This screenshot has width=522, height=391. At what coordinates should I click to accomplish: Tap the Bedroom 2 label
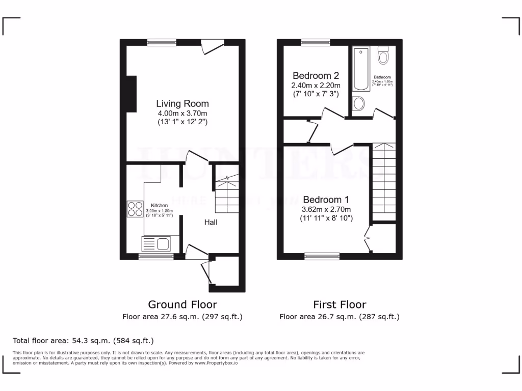tap(316, 76)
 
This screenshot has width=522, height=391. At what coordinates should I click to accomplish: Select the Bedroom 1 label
tap(326, 200)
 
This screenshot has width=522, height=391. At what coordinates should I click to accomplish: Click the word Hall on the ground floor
tap(212, 222)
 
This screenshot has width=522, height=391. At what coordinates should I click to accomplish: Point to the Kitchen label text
tap(159, 205)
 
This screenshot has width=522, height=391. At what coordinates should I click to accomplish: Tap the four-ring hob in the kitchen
tap(136, 209)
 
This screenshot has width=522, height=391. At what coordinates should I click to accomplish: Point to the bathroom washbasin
tap(359, 103)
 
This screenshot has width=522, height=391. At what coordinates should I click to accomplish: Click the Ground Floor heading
tap(182, 304)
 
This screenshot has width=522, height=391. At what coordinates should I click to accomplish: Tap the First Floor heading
tap(340, 304)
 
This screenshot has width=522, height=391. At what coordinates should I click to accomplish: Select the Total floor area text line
tap(83, 340)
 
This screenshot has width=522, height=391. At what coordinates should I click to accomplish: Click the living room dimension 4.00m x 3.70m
tap(182, 113)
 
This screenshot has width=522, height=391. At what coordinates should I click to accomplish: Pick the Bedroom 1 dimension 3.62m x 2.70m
tap(326, 209)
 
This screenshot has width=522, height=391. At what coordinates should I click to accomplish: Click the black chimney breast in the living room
tap(132, 94)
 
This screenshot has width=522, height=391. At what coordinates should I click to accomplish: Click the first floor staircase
tap(383, 181)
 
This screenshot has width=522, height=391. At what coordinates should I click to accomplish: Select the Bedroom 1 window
tap(322, 256)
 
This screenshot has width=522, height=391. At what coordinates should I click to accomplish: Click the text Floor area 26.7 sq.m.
tap(340, 317)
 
